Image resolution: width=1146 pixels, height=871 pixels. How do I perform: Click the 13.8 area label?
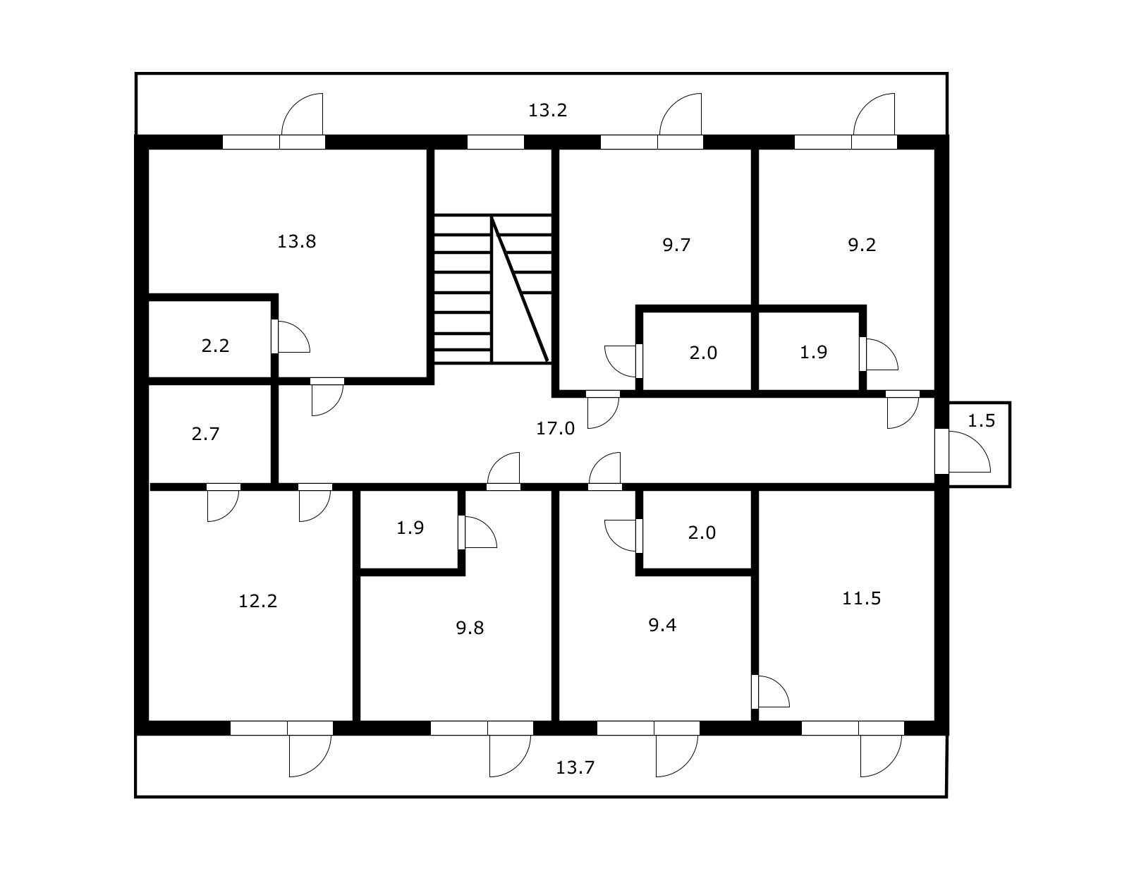point(296,242)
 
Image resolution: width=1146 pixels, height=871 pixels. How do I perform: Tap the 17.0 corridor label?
point(555,428)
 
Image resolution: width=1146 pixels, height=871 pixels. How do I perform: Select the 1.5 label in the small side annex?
point(980,421)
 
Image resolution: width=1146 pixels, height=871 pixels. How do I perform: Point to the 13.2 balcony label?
point(547,111)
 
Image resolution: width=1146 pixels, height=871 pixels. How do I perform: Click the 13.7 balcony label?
point(575,767)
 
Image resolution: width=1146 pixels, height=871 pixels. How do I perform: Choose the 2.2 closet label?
point(215,346)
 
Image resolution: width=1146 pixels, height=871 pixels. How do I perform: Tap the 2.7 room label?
point(205,434)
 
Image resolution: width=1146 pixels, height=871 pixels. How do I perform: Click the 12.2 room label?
point(257,602)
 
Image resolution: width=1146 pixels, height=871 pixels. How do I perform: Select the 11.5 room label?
point(861,599)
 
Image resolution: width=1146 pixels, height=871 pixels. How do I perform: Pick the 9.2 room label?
point(861,245)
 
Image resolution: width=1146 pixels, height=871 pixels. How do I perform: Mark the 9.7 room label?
point(676,245)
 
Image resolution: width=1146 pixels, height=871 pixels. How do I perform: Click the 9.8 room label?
point(469,628)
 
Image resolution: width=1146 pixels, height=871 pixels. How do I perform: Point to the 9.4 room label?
point(662,625)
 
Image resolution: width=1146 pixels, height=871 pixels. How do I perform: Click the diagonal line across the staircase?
point(520,290)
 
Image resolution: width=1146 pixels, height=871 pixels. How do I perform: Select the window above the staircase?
point(495,142)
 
